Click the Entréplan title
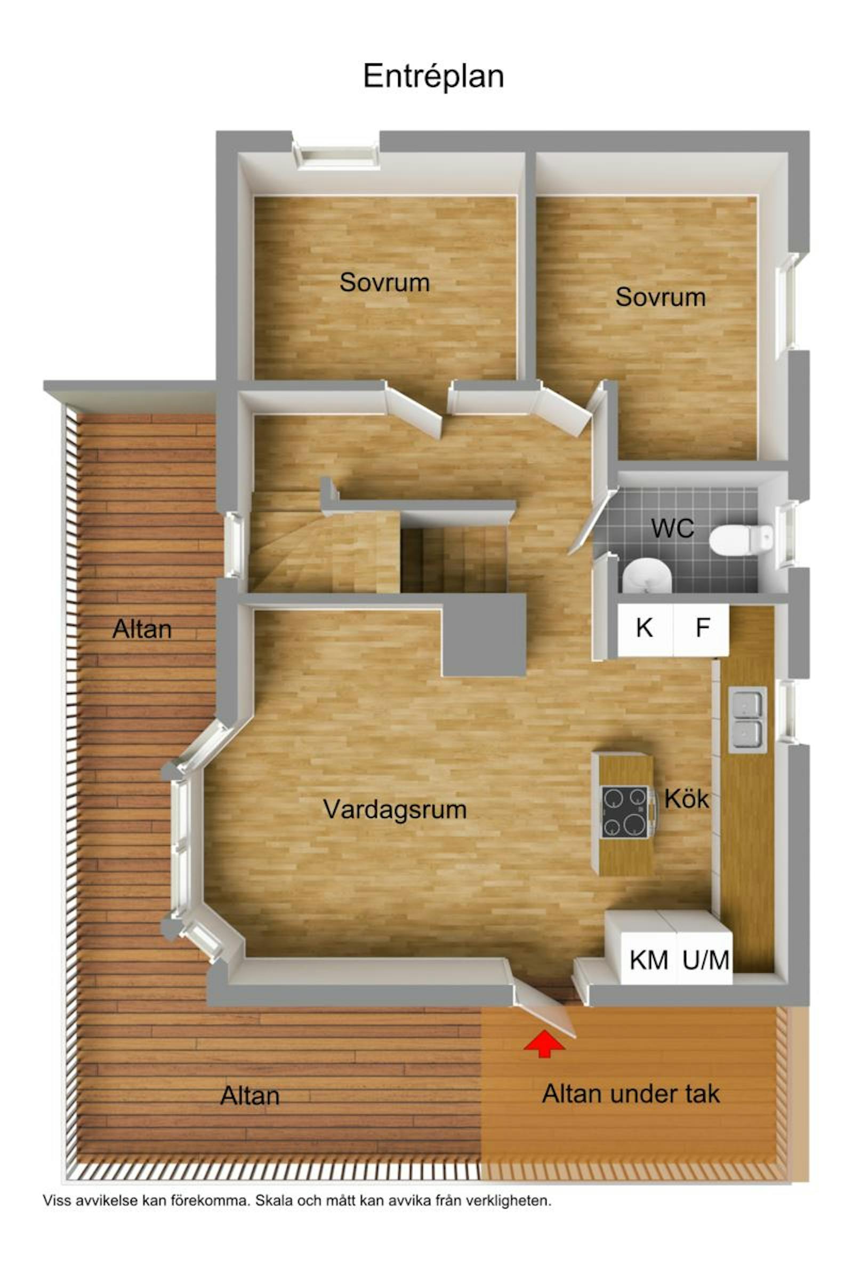click(x=433, y=77)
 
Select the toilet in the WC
click(x=741, y=539)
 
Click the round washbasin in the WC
click(x=647, y=575)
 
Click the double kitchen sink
click(x=747, y=720)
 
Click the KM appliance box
click(x=648, y=963)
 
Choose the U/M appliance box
click(x=705, y=963)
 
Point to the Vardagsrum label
click(x=395, y=809)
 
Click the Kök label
click(x=687, y=799)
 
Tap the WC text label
click(x=672, y=529)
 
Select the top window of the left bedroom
click(x=336, y=155)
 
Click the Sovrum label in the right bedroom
click(x=661, y=297)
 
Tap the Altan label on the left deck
click(x=142, y=629)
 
